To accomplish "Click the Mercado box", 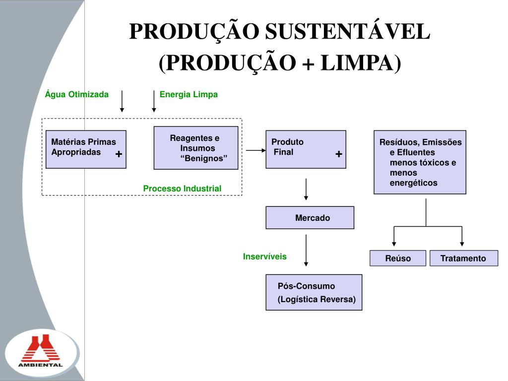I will pyautogui.click(x=310, y=217).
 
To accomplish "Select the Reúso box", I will pyautogui.click(x=398, y=258).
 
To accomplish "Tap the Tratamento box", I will pyautogui.click(x=463, y=258).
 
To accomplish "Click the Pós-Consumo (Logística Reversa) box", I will pyautogui.click(x=314, y=292).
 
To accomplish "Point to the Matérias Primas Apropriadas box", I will pyautogui.click(x=86, y=149).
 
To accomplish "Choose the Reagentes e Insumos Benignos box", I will pyautogui.click(x=196, y=148).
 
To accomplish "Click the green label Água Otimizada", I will pyautogui.click(x=76, y=94).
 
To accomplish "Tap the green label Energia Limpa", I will pyautogui.click(x=189, y=94).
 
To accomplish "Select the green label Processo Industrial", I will pyautogui.click(x=182, y=189).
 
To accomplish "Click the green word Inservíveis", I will pyautogui.click(x=264, y=256).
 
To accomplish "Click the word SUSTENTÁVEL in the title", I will pyautogui.click(x=347, y=33).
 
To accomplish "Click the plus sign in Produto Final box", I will pyautogui.click(x=338, y=154).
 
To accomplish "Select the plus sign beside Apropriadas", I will pyautogui.click(x=119, y=154).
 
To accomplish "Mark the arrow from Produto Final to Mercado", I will pyautogui.click(x=307, y=189).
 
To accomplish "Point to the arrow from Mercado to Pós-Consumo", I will pyautogui.click(x=307, y=250).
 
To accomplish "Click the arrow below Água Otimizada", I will pyautogui.click(x=122, y=101).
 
